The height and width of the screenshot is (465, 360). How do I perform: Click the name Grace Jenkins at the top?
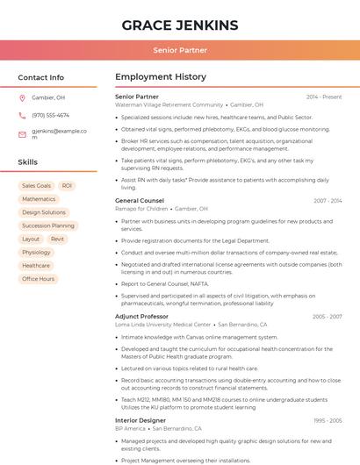click(180, 24)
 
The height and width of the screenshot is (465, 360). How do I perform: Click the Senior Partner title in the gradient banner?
click(180, 51)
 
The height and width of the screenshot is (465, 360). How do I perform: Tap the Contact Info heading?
click(40, 77)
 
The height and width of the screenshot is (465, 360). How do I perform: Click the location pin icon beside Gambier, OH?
click(22, 98)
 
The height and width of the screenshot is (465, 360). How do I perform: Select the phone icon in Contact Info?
click(22, 116)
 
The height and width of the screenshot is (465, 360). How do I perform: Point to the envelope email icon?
click(22, 134)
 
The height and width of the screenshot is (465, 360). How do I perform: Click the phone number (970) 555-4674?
click(50, 116)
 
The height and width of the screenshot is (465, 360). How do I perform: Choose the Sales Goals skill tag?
click(36, 186)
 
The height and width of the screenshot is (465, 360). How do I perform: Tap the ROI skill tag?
click(67, 186)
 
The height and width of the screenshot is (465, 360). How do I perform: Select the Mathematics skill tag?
click(39, 199)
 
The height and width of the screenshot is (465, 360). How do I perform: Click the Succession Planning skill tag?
click(48, 225)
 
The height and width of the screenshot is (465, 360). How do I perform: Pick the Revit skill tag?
click(57, 239)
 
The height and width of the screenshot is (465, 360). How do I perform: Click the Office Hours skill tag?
click(38, 279)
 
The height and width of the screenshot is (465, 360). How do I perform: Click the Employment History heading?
click(161, 77)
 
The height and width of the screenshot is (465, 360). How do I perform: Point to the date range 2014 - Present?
click(324, 97)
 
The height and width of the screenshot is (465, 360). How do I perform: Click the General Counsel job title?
click(140, 201)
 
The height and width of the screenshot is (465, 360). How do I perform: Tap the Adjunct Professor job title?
click(141, 316)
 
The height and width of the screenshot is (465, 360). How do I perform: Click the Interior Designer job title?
click(140, 420)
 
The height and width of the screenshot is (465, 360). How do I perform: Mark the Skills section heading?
click(28, 162)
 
